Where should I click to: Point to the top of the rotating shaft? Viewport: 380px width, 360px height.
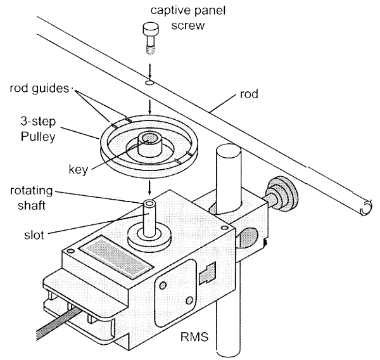tap(149, 205)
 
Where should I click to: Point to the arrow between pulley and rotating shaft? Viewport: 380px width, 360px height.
tap(149, 187)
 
